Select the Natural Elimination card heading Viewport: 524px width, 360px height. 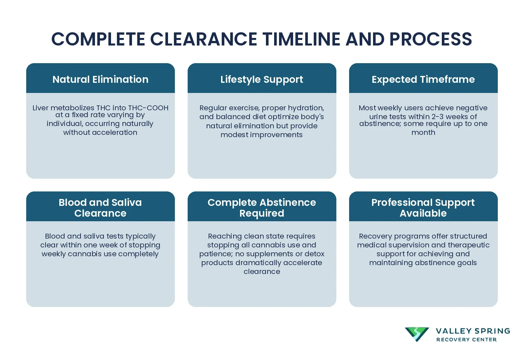coord(100,79)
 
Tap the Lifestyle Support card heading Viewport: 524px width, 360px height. coord(262,79)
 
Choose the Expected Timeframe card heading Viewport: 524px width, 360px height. coord(423,79)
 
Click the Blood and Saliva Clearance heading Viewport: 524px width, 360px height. coord(100,207)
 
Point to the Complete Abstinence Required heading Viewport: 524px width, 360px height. coord(262,207)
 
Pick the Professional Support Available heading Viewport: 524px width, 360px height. coord(423,207)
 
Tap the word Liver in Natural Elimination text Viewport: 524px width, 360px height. coord(40,108)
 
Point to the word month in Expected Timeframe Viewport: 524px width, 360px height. coord(423,132)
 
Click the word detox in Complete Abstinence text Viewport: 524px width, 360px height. coord(314,254)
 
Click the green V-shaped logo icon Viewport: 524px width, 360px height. coord(417,334)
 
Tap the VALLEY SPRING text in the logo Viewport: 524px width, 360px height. coord(473,331)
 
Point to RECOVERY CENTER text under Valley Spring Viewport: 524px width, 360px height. coord(466,340)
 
